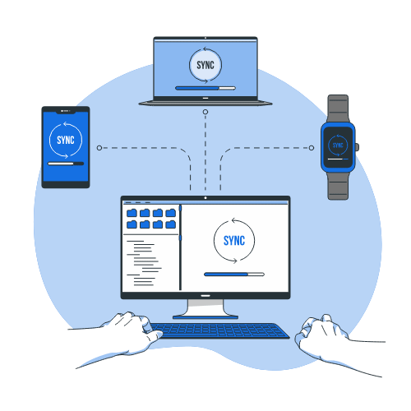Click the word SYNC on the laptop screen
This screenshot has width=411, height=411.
point(205,65)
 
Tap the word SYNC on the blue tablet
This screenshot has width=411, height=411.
point(66,140)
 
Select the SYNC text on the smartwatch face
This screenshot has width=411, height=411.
point(338,145)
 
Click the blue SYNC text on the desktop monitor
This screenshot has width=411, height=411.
point(234,241)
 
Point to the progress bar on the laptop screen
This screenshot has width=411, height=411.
point(205,88)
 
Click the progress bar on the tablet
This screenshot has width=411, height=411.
point(66,164)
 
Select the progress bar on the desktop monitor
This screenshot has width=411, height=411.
point(234,275)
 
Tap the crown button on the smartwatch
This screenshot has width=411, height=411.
point(357,147)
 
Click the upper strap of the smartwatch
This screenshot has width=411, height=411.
point(338,109)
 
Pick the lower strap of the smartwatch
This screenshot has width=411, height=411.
point(338,186)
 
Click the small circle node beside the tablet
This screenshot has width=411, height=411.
point(99,148)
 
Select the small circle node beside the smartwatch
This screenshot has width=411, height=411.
point(312,148)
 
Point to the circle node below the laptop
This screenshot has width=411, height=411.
point(205,112)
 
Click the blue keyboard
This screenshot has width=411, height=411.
point(219,330)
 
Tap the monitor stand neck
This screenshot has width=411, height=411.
point(205,307)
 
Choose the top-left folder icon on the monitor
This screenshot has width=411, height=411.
point(132,213)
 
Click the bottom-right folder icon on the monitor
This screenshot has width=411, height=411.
point(171,224)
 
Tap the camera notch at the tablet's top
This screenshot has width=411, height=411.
point(66,111)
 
